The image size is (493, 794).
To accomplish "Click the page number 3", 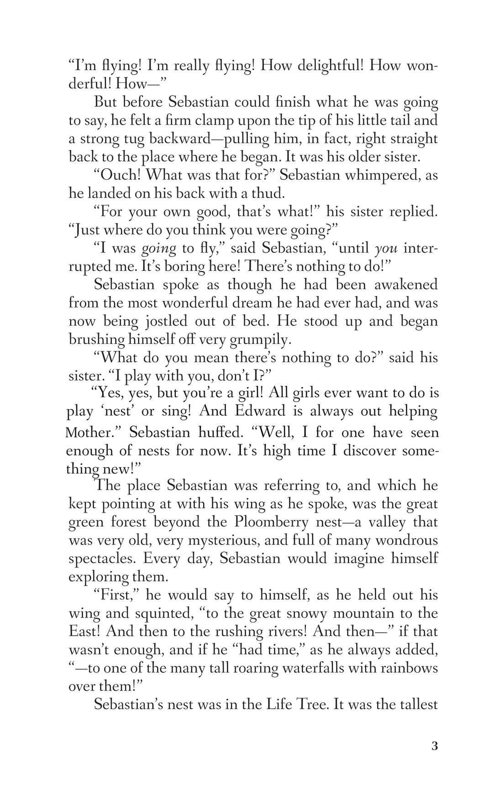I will (x=434, y=747).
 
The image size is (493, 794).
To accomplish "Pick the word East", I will (x=85, y=631).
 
